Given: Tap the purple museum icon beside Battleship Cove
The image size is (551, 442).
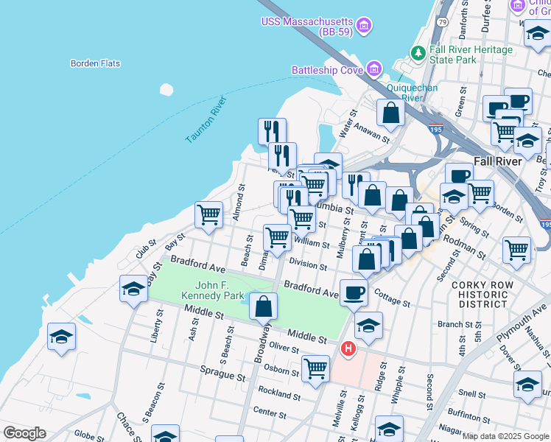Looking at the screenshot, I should [374, 70].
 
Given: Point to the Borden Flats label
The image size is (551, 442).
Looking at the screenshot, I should [95, 63].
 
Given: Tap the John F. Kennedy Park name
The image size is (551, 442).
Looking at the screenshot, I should [213, 290].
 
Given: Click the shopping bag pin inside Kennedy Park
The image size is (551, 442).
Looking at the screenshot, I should [263, 306].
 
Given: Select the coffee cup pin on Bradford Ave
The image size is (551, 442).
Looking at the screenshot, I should [354, 292].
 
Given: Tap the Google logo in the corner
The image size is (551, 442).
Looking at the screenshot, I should [24, 433].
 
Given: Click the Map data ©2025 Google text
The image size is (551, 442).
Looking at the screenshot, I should [505, 436].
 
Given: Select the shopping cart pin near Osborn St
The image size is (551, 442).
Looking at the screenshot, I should [315, 368].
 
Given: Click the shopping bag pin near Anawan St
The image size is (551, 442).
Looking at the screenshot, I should [390, 113].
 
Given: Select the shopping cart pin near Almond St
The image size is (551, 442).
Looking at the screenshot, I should [209, 214].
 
